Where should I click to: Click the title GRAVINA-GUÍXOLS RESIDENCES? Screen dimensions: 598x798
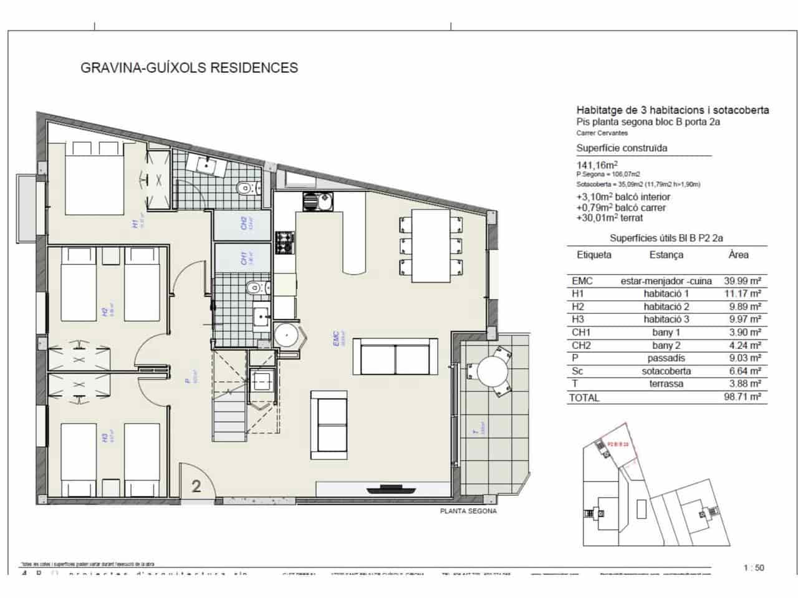[190, 67]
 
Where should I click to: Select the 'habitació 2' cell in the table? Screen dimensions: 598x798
[666, 306]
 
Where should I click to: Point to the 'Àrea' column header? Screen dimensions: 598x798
[738, 255]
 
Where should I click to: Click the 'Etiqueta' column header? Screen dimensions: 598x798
[594, 255]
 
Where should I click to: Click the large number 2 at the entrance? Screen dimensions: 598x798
[196, 486]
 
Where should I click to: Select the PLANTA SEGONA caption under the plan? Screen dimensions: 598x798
[468, 511]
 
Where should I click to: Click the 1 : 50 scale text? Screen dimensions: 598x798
[754, 567]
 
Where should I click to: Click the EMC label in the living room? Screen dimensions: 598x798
[337, 337]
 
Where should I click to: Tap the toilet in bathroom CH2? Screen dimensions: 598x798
[246, 187]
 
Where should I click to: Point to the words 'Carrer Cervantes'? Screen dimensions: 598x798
[602, 133]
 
